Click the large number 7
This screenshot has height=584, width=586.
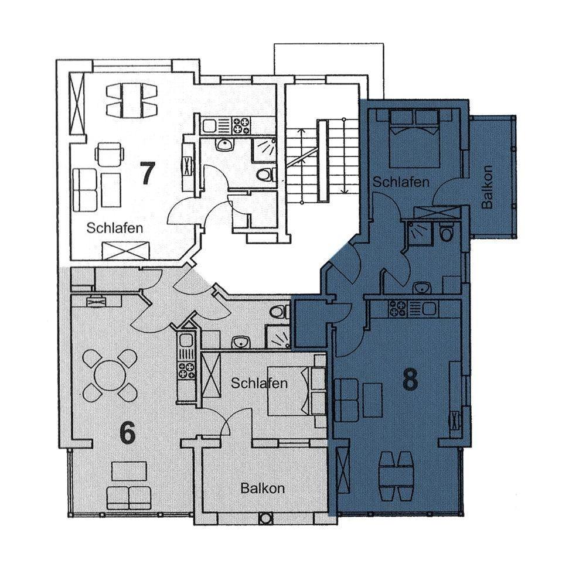pos(147,173)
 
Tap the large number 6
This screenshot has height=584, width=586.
pos(127,433)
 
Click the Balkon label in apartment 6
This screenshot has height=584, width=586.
pos(263,488)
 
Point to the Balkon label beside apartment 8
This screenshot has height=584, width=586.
pos(487,187)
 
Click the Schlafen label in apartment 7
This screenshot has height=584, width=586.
pos(115,227)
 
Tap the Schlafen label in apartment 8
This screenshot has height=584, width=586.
pos(401,182)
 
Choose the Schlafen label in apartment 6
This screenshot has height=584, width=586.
pos(259,383)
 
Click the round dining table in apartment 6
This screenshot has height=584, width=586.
pos(109,375)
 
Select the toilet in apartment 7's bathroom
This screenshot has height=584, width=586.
pos(266,175)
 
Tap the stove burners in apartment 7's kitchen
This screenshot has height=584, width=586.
pos(241,125)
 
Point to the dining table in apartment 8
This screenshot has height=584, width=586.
pos(397,476)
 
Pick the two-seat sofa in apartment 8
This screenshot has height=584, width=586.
pos(346,400)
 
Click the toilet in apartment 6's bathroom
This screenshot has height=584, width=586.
pos(281,312)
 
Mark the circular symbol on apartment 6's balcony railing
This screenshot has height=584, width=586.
pos(265,518)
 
